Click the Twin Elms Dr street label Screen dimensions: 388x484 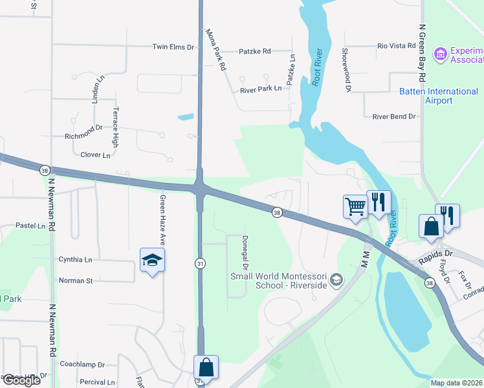point(173,47)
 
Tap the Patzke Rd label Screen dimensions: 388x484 point(254,51)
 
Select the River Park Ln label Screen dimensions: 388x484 point(261,88)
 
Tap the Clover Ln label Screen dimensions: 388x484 point(95,155)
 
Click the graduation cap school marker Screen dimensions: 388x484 point(152,260)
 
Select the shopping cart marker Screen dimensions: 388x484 point(355,206)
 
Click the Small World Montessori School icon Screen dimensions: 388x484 point(336,279)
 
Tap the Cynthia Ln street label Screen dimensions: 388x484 point(75,259)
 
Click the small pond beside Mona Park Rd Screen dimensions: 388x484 point(185,117)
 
